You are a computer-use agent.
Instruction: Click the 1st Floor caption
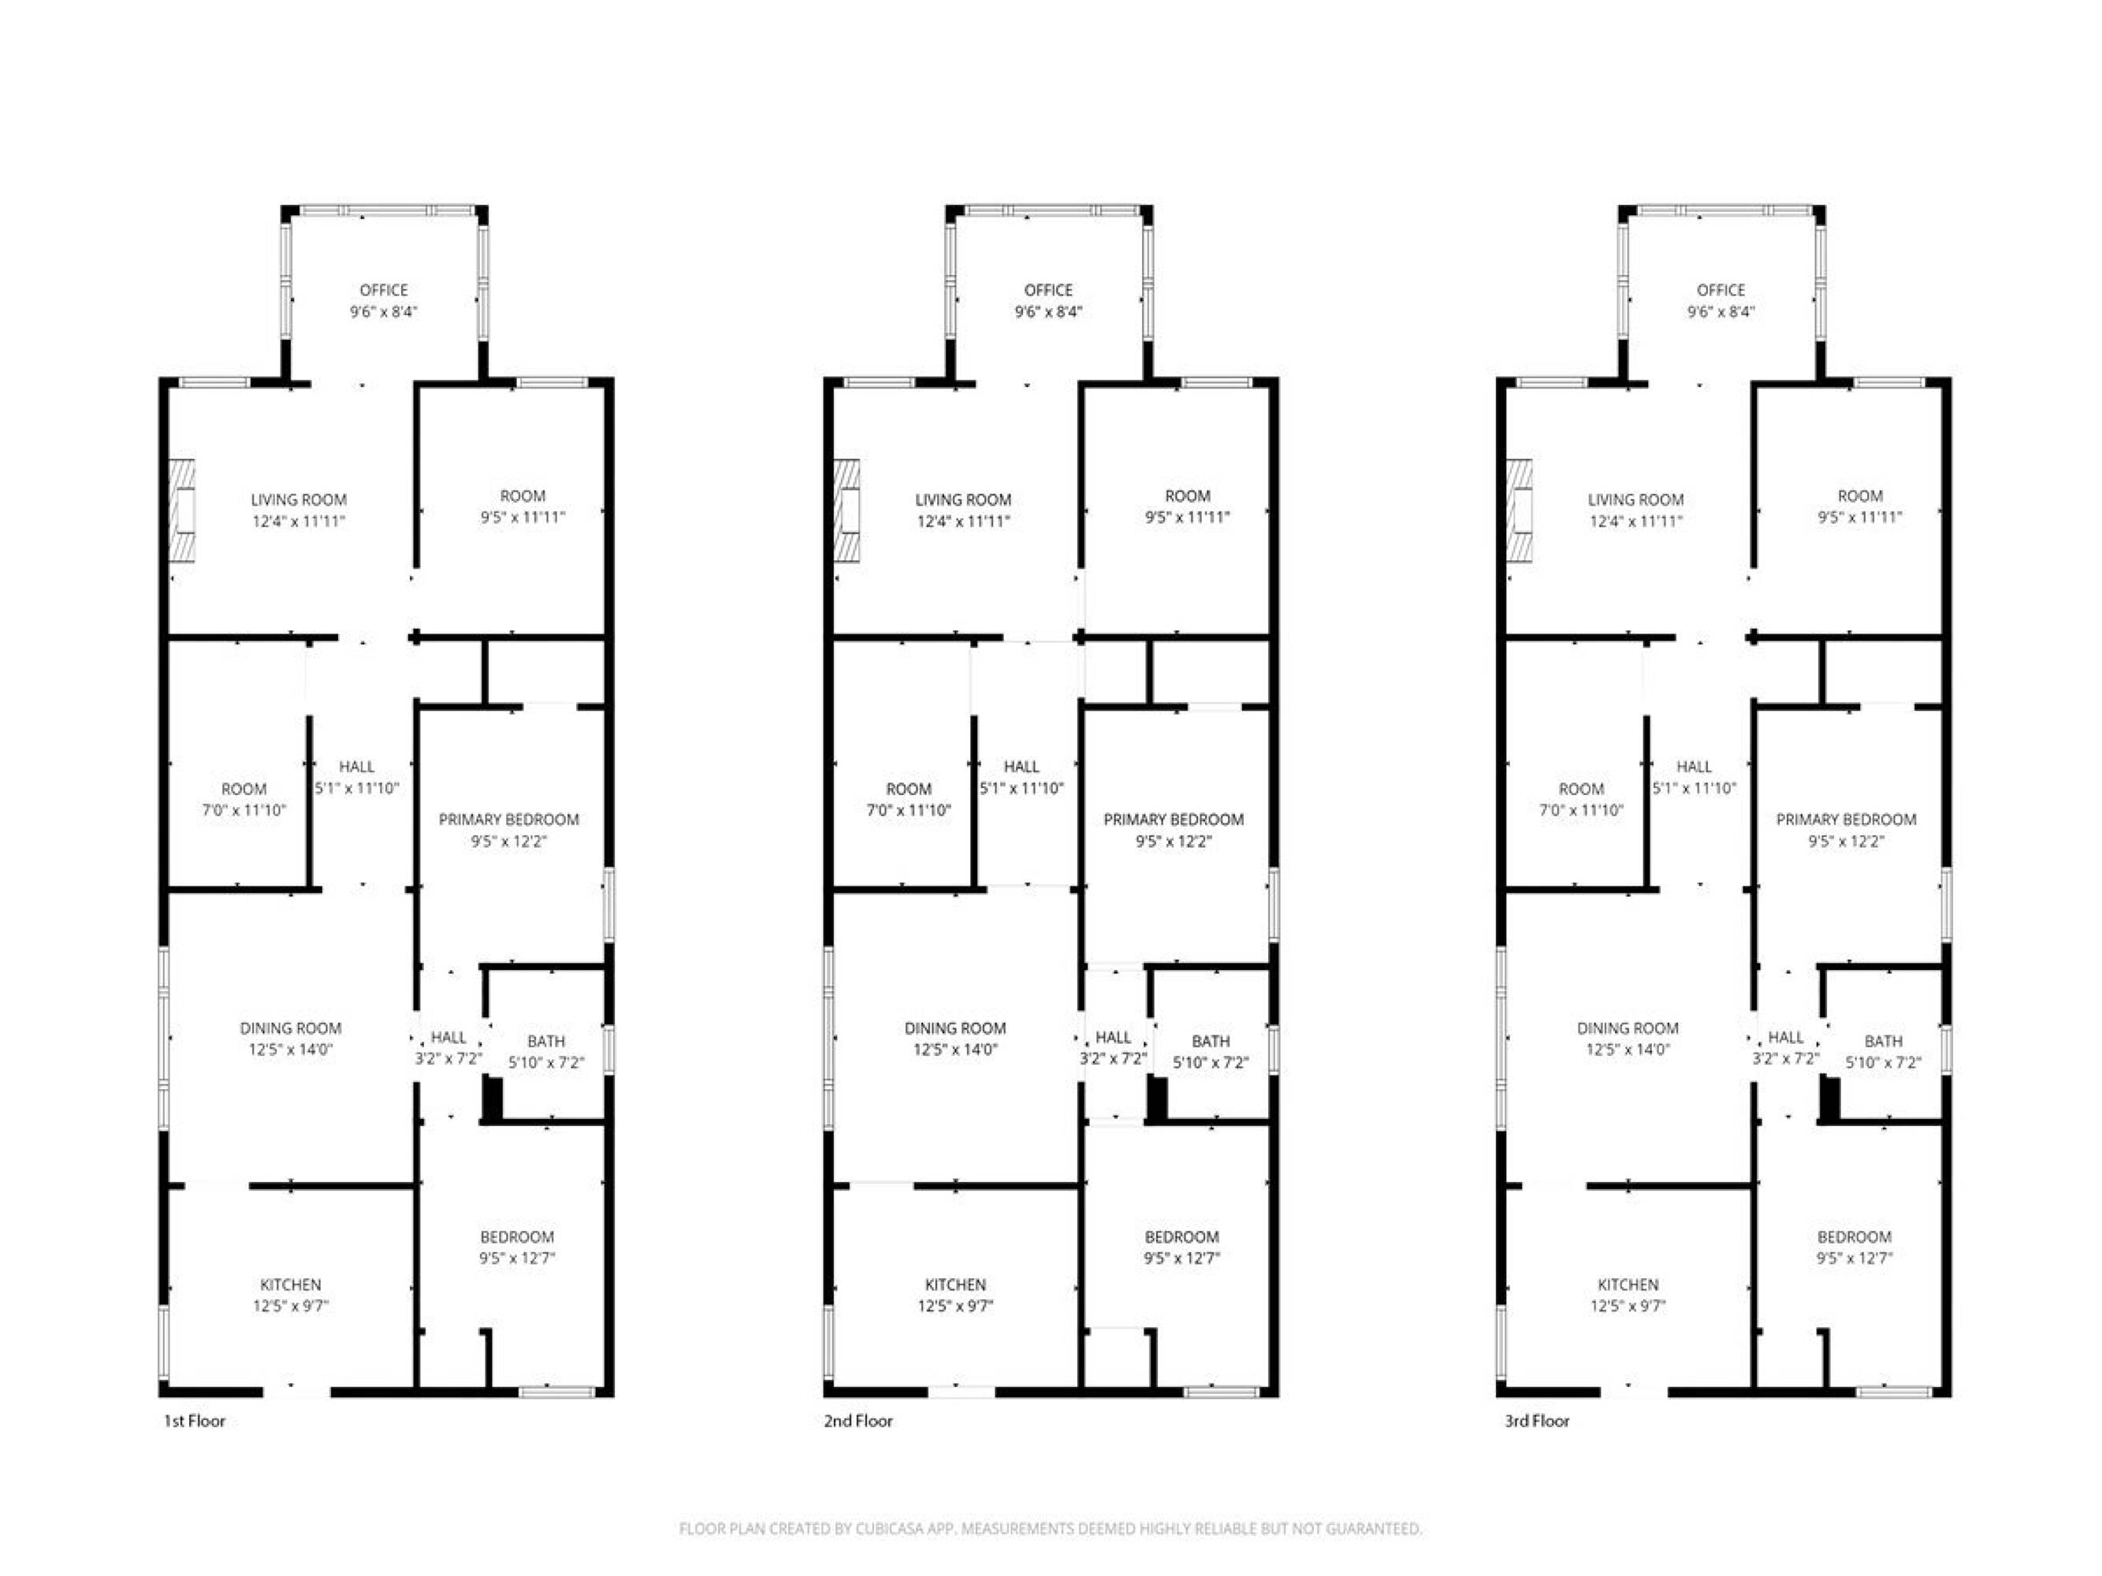(195, 1421)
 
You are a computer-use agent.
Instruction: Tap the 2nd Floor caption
(858, 1421)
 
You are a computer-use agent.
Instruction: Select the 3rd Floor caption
(1537, 1421)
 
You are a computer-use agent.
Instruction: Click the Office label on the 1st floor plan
(384, 290)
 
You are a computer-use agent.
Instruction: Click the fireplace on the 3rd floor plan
(1520, 509)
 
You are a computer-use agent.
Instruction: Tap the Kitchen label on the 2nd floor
(955, 1284)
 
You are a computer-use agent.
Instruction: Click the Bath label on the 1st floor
(545, 1041)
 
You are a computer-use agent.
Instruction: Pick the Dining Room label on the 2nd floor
(955, 1028)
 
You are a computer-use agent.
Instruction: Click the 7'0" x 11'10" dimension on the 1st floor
(244, 810)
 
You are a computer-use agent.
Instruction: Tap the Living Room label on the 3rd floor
(1635, 500)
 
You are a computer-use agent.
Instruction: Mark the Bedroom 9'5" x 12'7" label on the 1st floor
(517, 1247)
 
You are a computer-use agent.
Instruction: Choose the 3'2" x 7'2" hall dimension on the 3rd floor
(1786, 1058)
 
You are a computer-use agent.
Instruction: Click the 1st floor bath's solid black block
(493, 1100)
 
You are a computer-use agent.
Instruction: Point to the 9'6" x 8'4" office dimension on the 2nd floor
(1048, 311)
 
